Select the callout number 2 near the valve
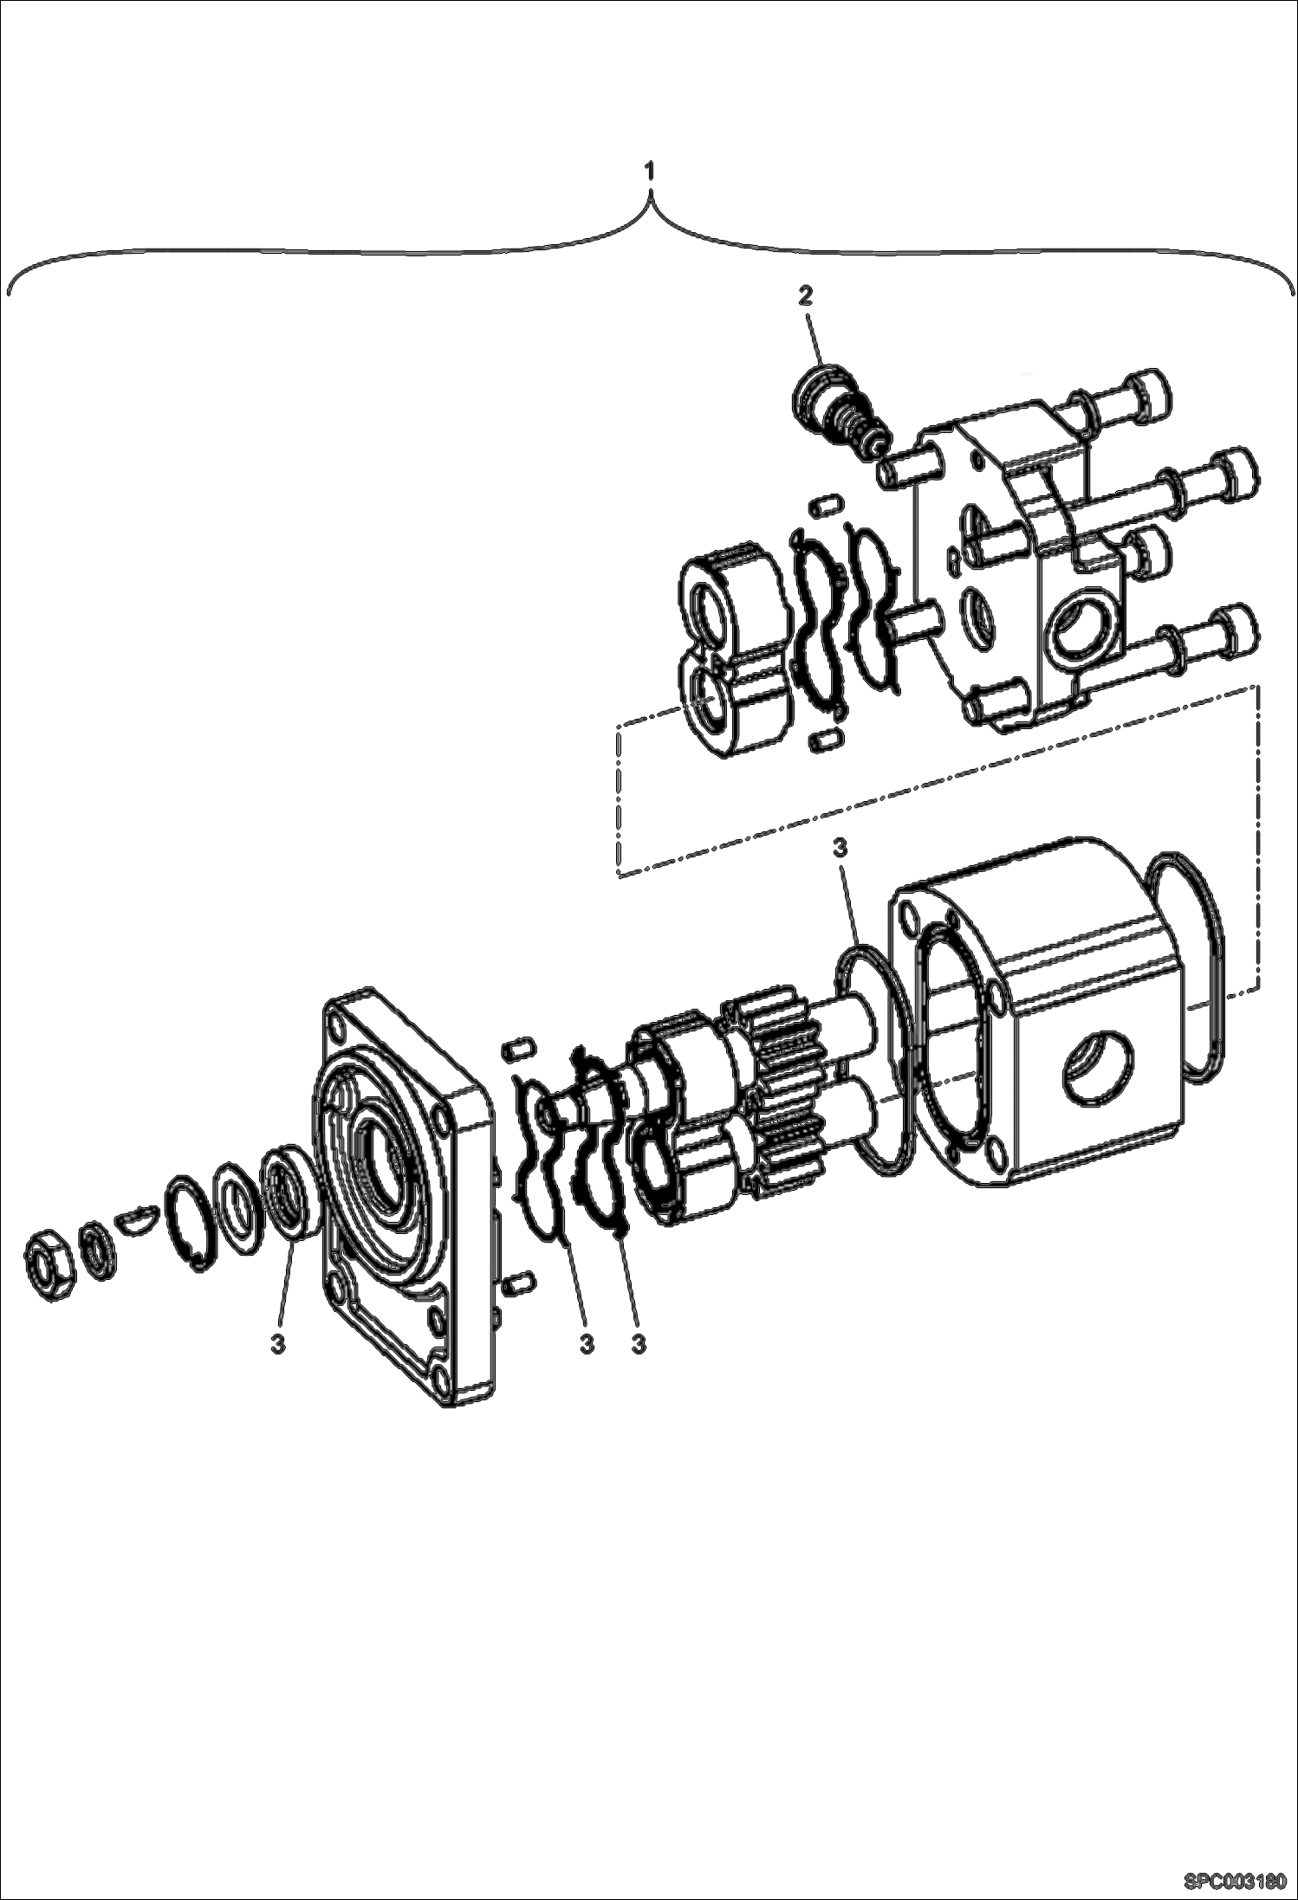[x=805, y=296]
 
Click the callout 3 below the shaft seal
[x=277, y=1344]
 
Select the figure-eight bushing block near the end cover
[x=735, y=646]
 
